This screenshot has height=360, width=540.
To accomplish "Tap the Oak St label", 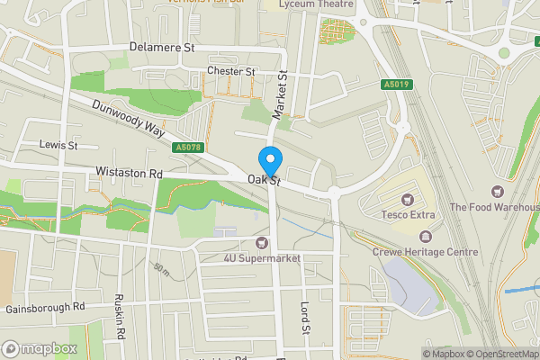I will [x=266, y=182].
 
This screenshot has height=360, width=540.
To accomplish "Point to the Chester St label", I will [x=231, y=71].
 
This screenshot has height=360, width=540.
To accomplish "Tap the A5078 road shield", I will [x=188, y=147].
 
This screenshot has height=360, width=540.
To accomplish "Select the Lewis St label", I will [x=59, y=144].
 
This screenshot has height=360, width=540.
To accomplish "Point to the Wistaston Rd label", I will [x=130, y=173].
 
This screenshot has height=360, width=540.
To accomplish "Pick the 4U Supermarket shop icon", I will [x=262, y=242].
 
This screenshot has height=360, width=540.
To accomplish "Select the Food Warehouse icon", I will [x=496, y=191].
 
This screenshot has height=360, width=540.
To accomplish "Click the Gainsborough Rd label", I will [x=44, y=307].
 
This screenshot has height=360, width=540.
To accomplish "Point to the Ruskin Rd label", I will [x=119, y=316].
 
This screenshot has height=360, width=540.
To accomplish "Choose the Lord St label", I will [x=305, y=317].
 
